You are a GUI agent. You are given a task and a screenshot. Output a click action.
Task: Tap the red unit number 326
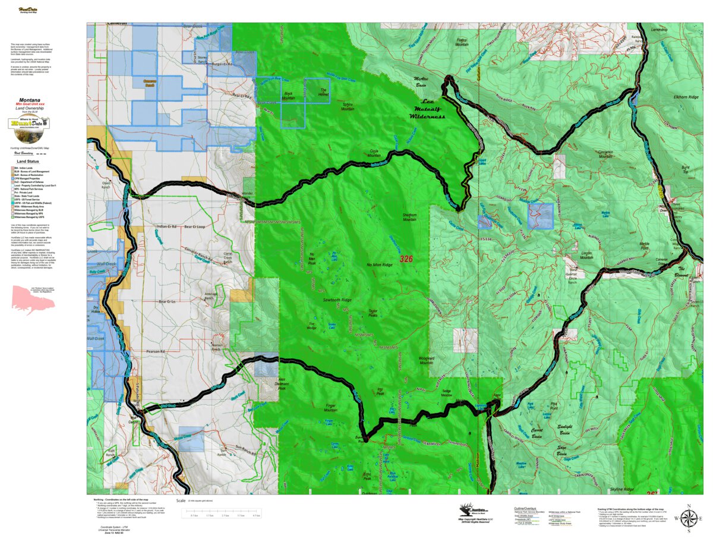(x=406, y=259)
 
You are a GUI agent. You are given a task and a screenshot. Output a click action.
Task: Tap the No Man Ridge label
(x=380, y=264)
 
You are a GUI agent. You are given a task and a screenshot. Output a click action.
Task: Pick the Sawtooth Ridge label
(x=337, y=300)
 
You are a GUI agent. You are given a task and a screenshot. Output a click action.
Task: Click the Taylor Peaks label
(x=373, y=313)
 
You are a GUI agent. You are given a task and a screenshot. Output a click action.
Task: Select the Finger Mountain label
(x=331, y=409)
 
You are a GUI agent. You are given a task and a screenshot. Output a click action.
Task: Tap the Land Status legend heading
(x=29, y=161)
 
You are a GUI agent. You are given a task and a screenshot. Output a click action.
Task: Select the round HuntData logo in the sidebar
(x=29, y=124)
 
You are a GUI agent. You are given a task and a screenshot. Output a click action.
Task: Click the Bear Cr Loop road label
(x=195, y=226)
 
